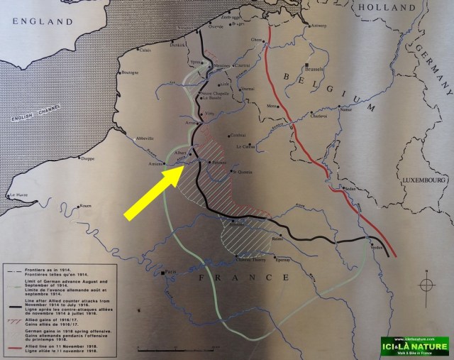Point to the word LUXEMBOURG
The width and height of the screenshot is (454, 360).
tap(423, 180)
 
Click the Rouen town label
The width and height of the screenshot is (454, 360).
tap(85, 207)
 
